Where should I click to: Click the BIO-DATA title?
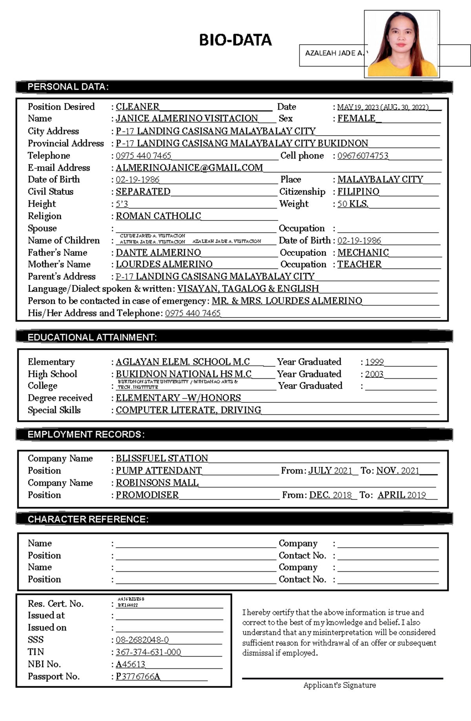click(235, 40)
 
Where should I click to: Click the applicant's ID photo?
click(402, 44)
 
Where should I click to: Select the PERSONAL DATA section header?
click(68, 87)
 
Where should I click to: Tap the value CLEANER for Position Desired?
click(137, 107)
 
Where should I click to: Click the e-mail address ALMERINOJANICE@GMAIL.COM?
click(189, 168)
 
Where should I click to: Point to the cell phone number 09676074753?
click(363, 156)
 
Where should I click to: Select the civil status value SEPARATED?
click(143, 192)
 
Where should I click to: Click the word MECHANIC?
click(363, 253)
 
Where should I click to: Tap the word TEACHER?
click(359, 264)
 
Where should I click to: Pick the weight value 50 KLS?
click(352, 204)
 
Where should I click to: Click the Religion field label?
click(44, 216)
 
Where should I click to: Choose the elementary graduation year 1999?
click(374, 362)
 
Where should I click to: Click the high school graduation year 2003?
click(374, 374)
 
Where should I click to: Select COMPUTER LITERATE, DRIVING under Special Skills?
click(188, 410)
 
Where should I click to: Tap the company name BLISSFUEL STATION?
click(162, 459)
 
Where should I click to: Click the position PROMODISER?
click(147, 495)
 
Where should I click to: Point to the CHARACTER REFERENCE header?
click(88, 519)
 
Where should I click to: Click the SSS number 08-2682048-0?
click(142, 640)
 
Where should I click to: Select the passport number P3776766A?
click(138, 677)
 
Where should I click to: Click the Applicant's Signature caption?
click(340, 685)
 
